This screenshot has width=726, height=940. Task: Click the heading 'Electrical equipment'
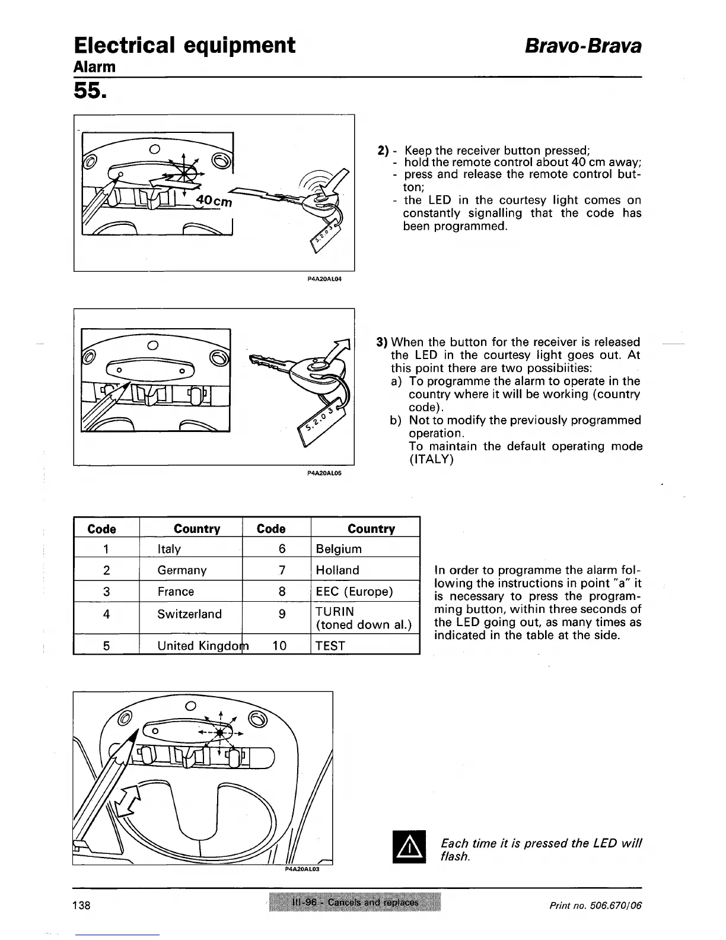tap(184, 45)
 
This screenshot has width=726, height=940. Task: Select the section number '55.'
tap(90, 90)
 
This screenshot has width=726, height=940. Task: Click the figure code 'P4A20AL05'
tap(326, 474)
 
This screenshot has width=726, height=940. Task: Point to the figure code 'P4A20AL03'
tap(302, 869)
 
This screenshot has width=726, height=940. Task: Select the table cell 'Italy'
tap(169, 549)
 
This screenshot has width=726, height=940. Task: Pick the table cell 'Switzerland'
tap(189, 614)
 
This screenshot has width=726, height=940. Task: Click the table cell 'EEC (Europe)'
tap(354, 592)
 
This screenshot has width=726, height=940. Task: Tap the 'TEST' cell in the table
tap(330, 646)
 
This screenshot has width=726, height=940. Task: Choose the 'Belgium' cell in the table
tap(339, 549)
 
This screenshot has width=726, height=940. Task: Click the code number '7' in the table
tap(282, 570)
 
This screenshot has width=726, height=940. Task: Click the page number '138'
tap(82, 905)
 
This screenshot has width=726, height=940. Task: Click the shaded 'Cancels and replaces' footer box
tap(355, 903)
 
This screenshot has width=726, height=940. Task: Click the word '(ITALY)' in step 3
tap(431, 459)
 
